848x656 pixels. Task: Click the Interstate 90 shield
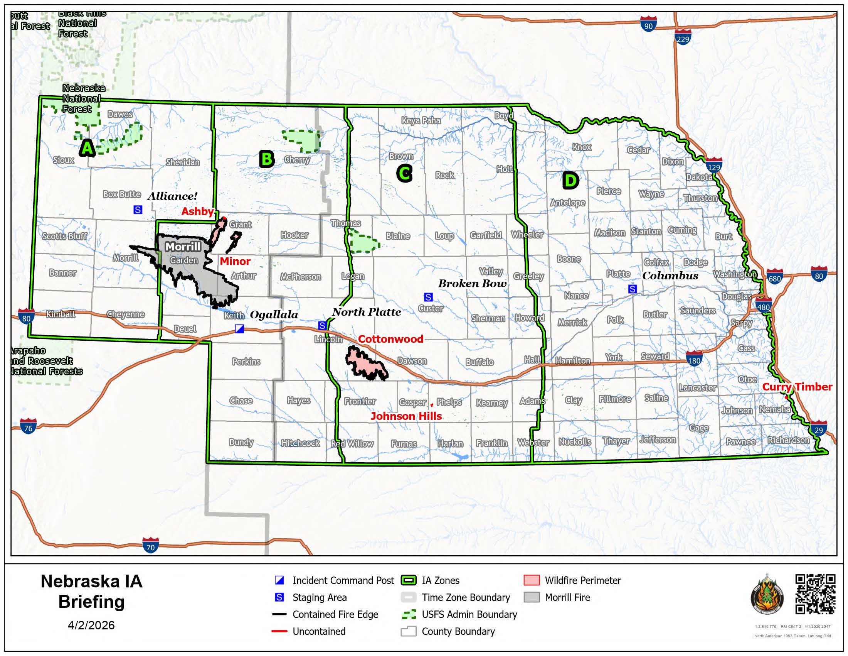[648, 24]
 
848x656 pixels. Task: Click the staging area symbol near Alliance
[138, 210]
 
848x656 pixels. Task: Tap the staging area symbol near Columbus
[633, 289]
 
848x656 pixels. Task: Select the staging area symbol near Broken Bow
[428, 297]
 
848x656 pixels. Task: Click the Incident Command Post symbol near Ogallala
[240, 329]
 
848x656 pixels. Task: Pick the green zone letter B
[267, 159]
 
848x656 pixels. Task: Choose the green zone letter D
[570, 180]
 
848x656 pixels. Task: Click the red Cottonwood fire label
[390, 339]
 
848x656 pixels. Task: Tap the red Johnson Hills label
[406, 416]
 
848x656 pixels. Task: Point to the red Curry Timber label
[797, 387]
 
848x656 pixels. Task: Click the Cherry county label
[297, 160]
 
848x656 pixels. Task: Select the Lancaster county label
[697, 387]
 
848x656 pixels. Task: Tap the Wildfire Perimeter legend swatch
[532, 580]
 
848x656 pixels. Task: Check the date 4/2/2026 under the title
[91, 625]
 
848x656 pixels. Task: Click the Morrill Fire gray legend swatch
[532, 597]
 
